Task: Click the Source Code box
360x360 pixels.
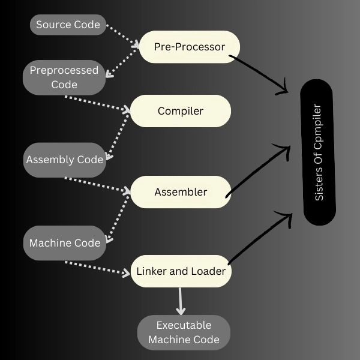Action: pyautogui.click(x=68, y=25)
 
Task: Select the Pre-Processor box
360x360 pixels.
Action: pyautogui.click(x=189, y=47)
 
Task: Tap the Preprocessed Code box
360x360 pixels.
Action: pyautogui.click(x=64, y=77)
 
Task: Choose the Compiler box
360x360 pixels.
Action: pyautogui.click(x=181, y=111)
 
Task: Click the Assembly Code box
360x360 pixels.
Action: pyautogui.click(x=65, y=160)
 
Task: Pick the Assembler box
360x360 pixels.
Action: pyautogui.click(x=181, y=192)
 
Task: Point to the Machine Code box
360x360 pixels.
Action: pyautogui.click(x=65, y=243)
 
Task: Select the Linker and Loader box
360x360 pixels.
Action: pyautogui.click(x=181, y=271)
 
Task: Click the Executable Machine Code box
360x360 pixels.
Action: pyautogui.click(x=184, y=332)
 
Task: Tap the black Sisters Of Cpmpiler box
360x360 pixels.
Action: pyautogui.click(x=319, y=153)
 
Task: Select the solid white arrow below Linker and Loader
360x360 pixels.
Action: pyautogui.click(x=180, y=300)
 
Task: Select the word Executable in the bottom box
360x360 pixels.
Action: pyautogui.click(x=184, y=325)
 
